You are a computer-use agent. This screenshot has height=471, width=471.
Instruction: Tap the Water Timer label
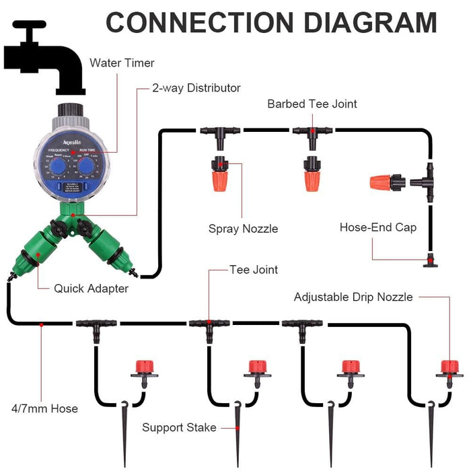click(x=122, y=63)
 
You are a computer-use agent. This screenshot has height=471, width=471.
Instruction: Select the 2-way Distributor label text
click(x=196, y=88)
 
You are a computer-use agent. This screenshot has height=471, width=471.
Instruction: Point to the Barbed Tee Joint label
click(x=312, y=104)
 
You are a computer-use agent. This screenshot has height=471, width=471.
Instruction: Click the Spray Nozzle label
click(x=243, y=229)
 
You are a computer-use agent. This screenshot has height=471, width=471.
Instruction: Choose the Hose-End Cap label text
click(x=377, y=227)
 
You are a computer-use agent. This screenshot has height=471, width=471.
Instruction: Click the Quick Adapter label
click(x=91, y=289)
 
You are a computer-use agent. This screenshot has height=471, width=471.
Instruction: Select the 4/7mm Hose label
click(x=44, y=408)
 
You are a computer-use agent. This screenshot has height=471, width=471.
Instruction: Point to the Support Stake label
click(x=179, y=427)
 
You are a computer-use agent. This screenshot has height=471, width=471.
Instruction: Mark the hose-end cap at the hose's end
click(x=429, y=261)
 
